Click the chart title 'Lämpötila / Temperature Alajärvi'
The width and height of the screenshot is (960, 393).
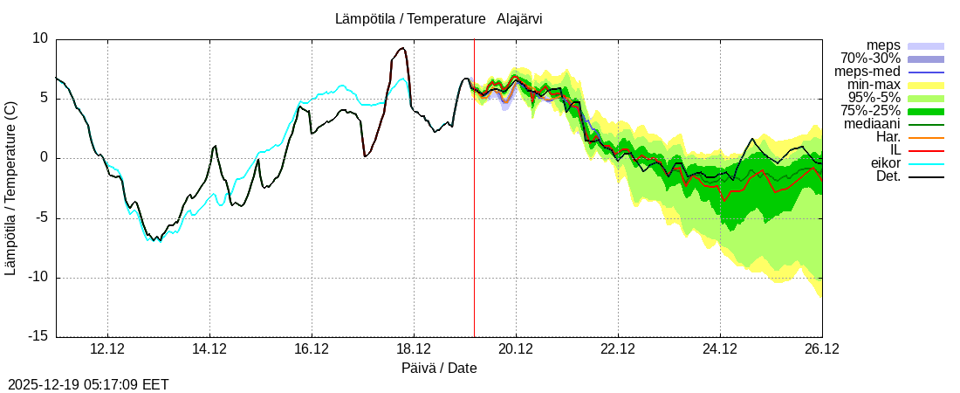pos(438,18)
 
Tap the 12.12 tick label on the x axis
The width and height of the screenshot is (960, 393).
pos(107,349)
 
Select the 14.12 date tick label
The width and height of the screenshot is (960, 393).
pos(209,349)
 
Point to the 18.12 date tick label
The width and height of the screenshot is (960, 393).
pos(414,349)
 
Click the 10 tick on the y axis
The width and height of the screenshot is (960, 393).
pos(40,38)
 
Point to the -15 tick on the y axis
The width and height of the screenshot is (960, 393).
pos(37,337)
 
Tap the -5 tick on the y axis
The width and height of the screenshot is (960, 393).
pos(40,218)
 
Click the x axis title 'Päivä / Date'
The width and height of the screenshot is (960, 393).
pos(439,369)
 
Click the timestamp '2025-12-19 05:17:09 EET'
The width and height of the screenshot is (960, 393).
pos(88,384)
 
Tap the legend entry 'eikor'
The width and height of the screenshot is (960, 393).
pos(883,163)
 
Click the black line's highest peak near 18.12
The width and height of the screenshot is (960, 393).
pos(402,48)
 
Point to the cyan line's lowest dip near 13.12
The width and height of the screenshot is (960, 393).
pos(154,240)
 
